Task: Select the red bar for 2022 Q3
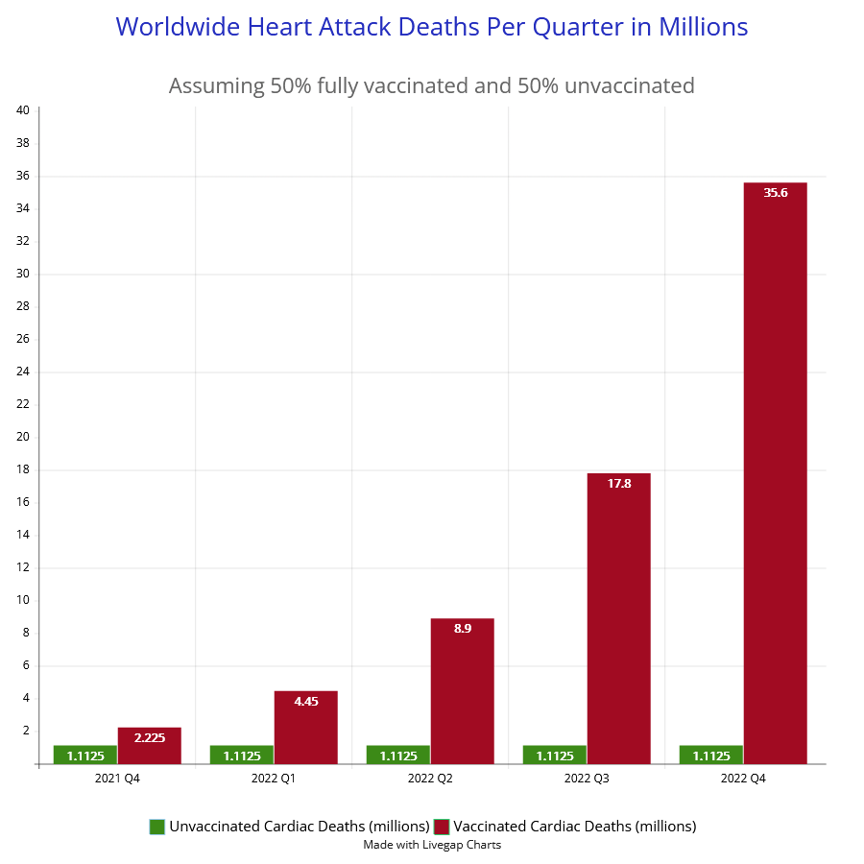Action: (618, 619)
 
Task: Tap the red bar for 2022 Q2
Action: (462, 691)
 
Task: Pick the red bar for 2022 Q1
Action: (305, 728)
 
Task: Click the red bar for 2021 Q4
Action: (149, 746)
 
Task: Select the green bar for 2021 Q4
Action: (85, 755)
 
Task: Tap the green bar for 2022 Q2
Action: (398, 755)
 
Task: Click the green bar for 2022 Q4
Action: (711, 755)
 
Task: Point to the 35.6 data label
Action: (775, 193)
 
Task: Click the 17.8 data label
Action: (619, 484)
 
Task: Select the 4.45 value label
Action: (306, 702)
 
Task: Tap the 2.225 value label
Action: (150, 738)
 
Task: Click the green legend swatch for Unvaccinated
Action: (157, 827)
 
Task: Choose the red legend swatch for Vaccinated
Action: (442, 827)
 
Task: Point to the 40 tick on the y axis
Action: (23, 110)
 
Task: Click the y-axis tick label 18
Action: (23, 469)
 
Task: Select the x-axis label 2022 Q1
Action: (274, 779)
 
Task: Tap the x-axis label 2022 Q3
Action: (587, 779)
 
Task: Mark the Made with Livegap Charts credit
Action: (432, 845)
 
